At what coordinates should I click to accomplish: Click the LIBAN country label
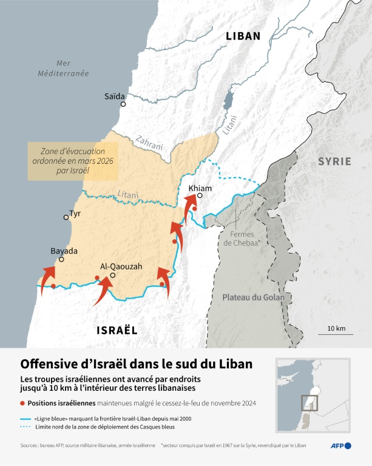tap(243, 36)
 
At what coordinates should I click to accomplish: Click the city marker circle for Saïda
tap(123, 104)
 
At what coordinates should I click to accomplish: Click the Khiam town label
tap(200, 188)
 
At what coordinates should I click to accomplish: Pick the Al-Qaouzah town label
tap(113, 266)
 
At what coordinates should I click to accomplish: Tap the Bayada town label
tap(64, 251)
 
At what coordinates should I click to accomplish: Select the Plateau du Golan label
tap(249, 297)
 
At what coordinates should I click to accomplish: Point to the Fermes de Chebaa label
tap(242, 238)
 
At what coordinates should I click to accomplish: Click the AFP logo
tap(340, 447)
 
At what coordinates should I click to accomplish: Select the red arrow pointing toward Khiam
tap(191, 214)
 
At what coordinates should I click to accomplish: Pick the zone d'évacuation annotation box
tap(73, 161)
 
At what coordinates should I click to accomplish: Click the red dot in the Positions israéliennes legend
tap(23, 404)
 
